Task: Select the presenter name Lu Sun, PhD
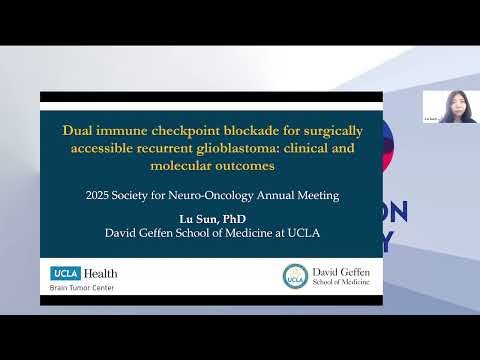coord(210,219)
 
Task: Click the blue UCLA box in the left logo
coord(67,273)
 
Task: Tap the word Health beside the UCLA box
coord(101,273)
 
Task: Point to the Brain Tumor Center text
coord(82,287)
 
